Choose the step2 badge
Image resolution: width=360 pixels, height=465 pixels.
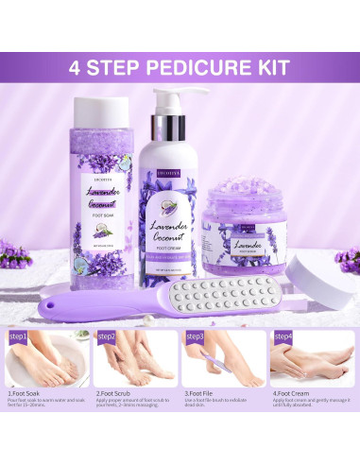[106, 336]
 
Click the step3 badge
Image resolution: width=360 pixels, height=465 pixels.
[195, 336]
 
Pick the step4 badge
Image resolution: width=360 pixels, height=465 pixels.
[283, 336]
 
